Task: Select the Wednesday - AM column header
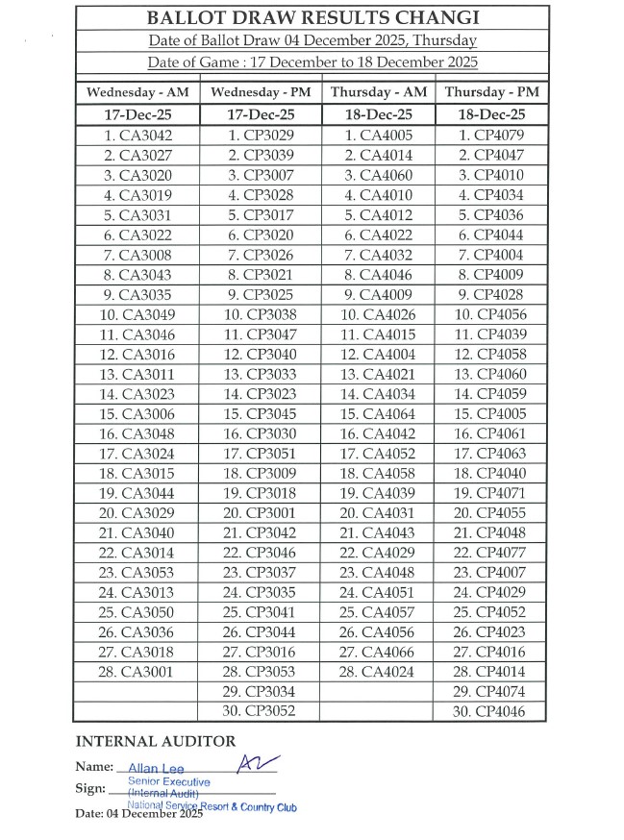137,92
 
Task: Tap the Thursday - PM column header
491,92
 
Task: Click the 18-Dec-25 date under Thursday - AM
378,115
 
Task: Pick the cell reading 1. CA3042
137,136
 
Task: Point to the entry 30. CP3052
260,711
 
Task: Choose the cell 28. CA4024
378,671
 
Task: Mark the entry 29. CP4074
490,691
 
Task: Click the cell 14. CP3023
260,393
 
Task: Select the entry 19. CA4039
378,493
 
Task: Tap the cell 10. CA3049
137,314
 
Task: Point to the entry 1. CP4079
490,136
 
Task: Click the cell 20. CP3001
260,512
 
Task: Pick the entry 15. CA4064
378,413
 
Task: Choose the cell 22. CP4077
490,553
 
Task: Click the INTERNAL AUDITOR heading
155,741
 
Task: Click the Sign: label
90,789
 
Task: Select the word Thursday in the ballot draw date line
443,40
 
